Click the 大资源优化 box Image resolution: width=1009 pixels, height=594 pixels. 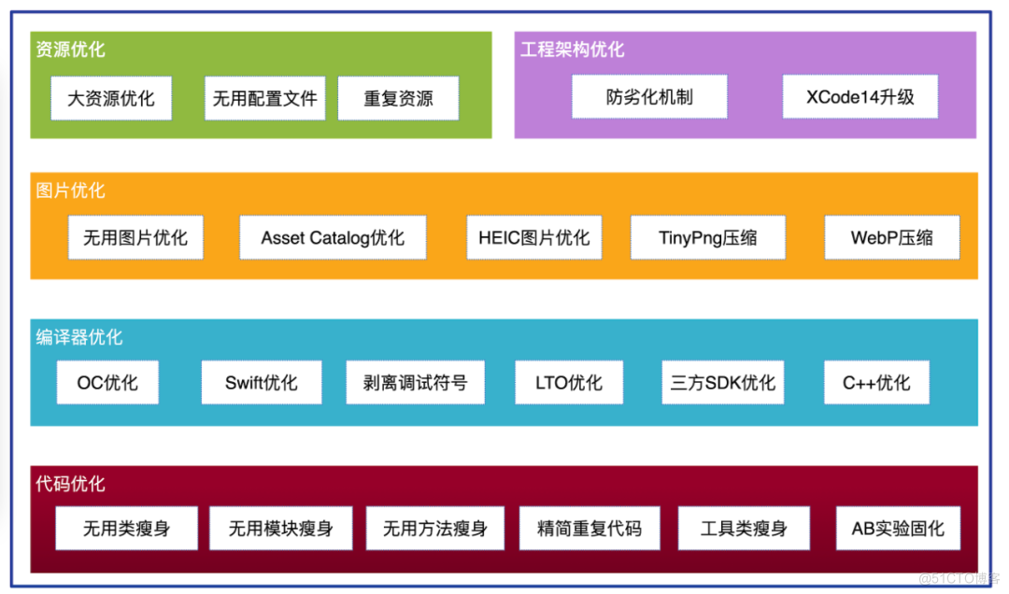tap(111, 98)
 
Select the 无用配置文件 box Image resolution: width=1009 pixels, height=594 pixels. tap(265, 98)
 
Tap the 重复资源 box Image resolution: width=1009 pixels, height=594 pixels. tap(398, 98)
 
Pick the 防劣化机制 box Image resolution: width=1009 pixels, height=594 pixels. tap(649, 97)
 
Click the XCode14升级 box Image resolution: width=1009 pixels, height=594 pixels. tap(860, 97)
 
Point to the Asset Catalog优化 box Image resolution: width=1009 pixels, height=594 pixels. tap(333, 237)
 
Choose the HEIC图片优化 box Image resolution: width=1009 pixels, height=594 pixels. tap(534, 237)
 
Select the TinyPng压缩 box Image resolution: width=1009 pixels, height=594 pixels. tap(708, 237)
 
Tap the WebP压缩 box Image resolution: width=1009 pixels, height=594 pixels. tap(891, 237)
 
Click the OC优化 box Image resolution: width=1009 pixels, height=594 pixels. tap(107, 383)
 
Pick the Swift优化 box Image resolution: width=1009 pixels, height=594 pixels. tap(262, 383)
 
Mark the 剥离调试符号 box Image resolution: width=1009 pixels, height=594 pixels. tap(415, 383)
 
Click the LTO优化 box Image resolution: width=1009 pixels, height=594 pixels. tap(569, 383)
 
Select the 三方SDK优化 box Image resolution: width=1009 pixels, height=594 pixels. tap(722, 383)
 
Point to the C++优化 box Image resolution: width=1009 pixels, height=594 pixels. tap(876, 383)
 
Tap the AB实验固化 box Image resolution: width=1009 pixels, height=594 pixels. tap(898, 529)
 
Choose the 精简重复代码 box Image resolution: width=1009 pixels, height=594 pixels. tap(590, 529)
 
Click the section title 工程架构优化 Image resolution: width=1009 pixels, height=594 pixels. tap(572, 49)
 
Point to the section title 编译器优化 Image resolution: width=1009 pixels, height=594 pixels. tap(79, 337)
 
